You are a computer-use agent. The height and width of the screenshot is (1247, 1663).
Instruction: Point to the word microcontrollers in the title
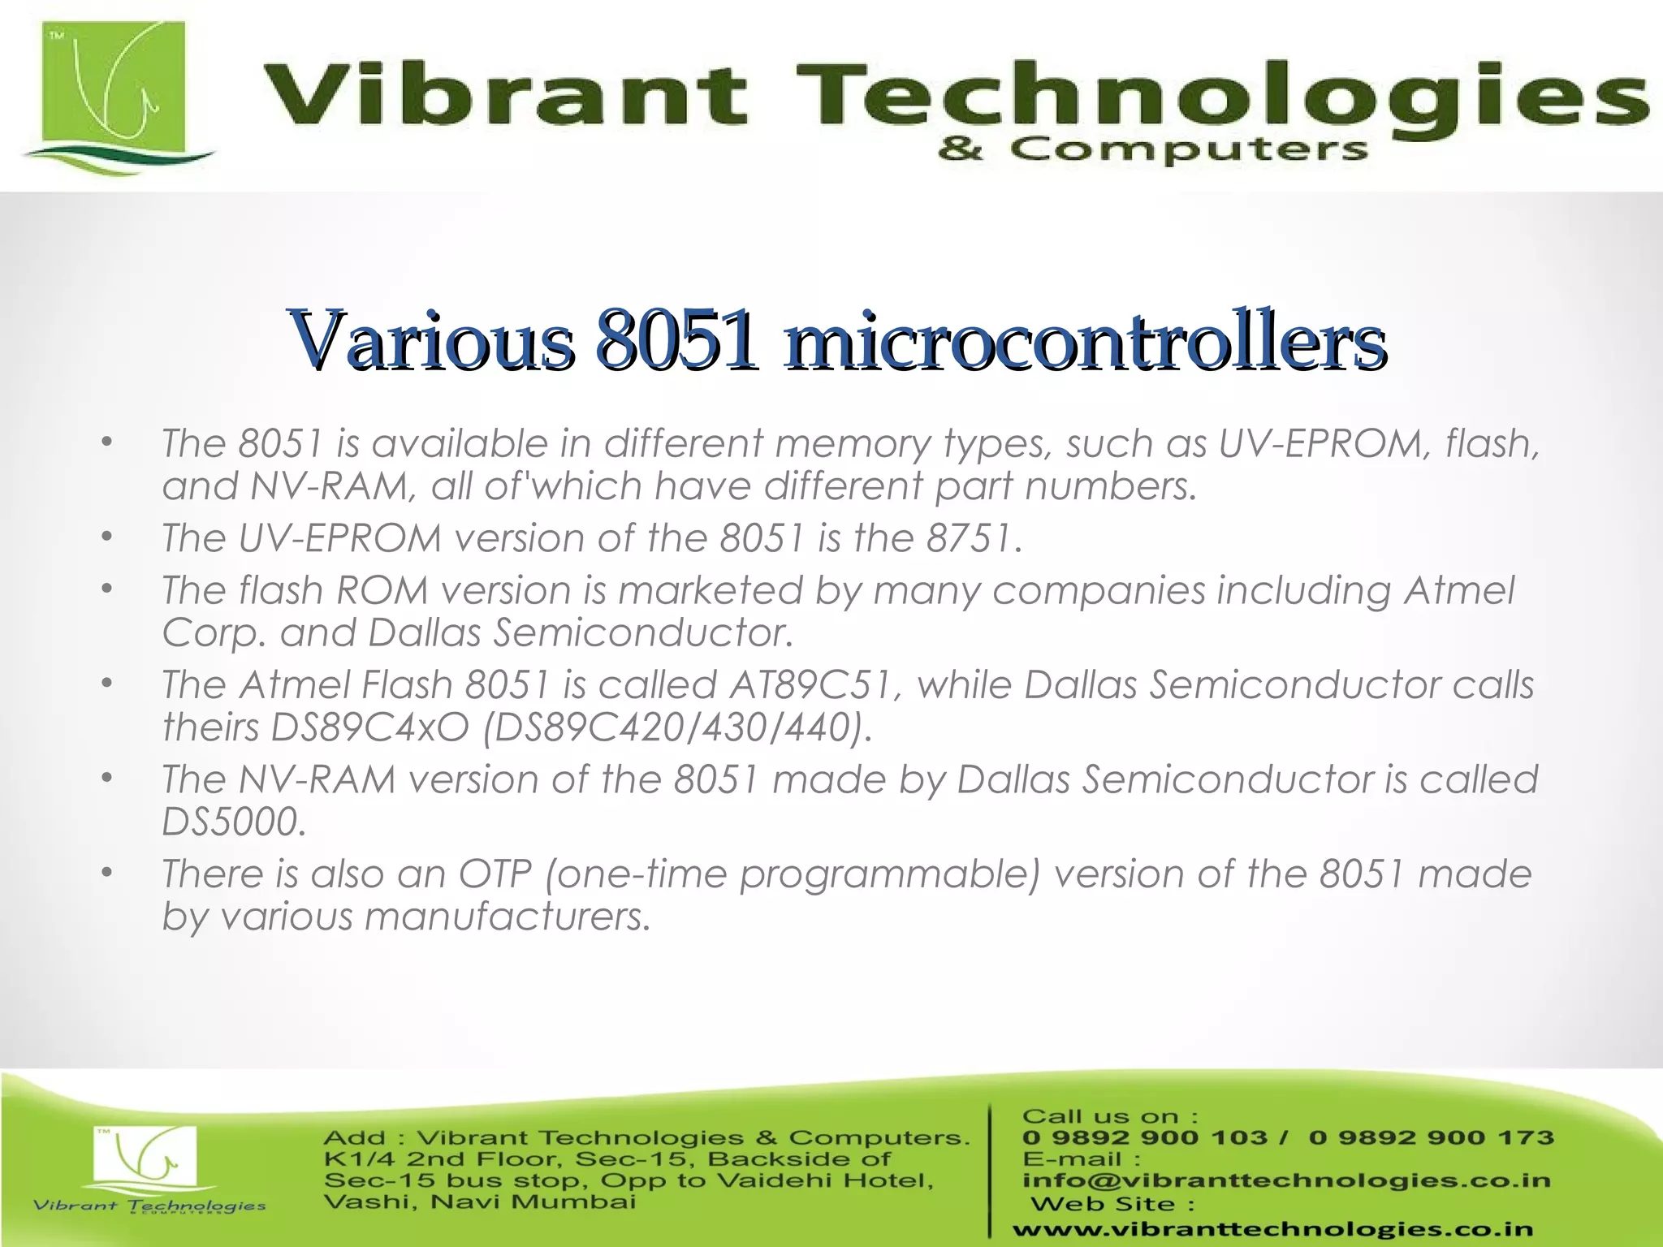[x=1085, y=341]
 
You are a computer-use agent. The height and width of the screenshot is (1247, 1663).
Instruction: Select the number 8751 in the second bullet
[x=973, y=538]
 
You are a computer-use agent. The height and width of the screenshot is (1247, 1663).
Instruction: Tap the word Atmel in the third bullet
[x=1459, y=590]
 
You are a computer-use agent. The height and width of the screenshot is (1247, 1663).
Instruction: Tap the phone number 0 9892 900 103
[x=1145, y=1137]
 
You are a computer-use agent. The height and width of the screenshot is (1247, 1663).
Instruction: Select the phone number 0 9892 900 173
[x=1432, y=1137]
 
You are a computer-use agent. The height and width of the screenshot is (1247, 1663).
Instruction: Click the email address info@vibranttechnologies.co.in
[x=1286, y=1180]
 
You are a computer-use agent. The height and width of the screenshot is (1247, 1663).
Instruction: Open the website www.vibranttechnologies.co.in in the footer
[x=1273, y=1230]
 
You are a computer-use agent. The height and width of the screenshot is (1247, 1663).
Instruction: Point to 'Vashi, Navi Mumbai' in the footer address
[x=480, y=1202]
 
